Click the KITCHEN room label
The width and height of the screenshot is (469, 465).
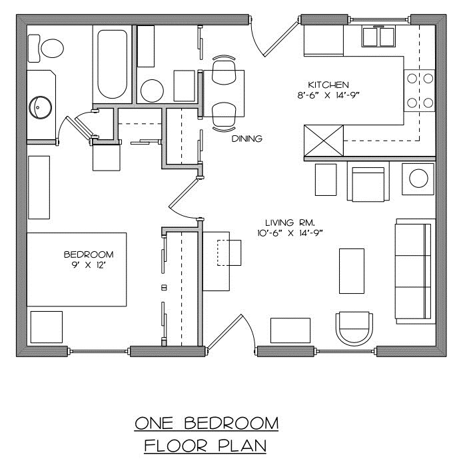[328, 85]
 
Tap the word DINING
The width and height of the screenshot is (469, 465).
[247, 139]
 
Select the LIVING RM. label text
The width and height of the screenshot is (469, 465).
[290, 222]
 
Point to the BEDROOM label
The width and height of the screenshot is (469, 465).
[89, 254]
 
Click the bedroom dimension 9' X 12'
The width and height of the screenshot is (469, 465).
[89, 265]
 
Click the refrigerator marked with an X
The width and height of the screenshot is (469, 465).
[324, 139]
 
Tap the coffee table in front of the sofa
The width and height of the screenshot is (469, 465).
[352, 270]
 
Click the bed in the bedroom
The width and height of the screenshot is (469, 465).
[77, 269]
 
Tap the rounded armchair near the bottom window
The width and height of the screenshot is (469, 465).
[353, 329]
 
